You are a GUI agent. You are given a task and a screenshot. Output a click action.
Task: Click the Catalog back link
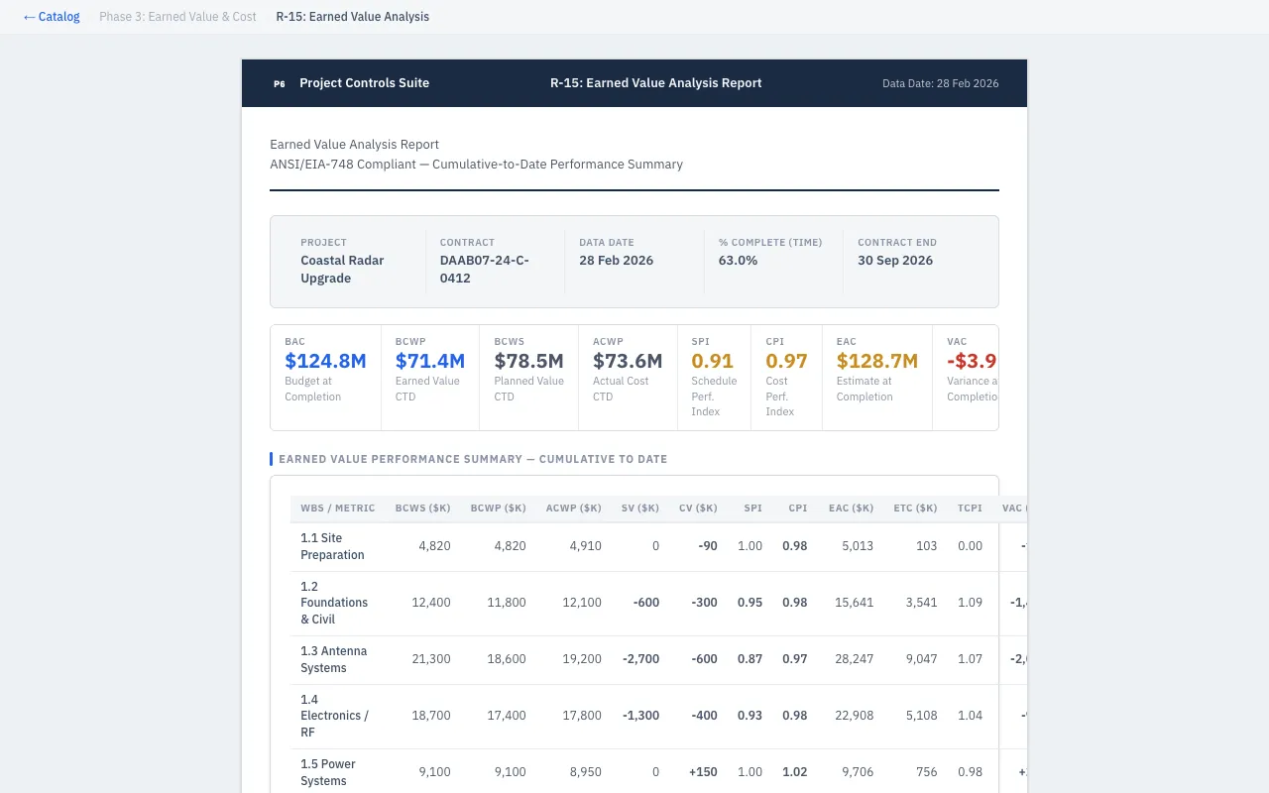click(52, 17)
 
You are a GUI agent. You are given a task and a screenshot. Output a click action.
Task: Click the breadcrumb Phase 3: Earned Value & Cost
click(177, 17)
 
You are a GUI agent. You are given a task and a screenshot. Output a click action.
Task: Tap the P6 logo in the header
click(280, 83)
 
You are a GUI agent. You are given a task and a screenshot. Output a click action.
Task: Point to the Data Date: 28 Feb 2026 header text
click(940, 83)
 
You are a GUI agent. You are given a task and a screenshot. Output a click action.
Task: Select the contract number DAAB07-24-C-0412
click(484, 269)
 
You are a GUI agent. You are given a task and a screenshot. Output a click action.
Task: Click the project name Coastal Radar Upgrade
click(342, 269)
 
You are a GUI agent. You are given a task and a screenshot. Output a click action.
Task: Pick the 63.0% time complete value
click(738, 261)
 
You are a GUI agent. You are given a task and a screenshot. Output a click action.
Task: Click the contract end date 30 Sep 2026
click(895, 261)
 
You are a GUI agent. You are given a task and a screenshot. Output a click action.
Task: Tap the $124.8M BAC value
click(325, 361)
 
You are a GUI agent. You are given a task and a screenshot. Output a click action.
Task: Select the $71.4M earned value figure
click(429, 361)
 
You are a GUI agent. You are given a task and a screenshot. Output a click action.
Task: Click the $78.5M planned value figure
click(528, 361)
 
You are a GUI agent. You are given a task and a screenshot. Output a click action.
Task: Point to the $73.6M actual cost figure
click(628, 361)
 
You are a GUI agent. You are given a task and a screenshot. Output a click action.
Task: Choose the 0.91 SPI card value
click(712, 361)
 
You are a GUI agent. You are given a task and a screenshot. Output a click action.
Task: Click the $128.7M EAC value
click(876, 361)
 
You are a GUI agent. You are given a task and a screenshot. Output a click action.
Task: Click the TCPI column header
click(970, 509)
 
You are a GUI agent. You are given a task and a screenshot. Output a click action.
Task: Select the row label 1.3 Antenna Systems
click(333, 659)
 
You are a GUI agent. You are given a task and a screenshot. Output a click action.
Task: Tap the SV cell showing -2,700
click(640, 659)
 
